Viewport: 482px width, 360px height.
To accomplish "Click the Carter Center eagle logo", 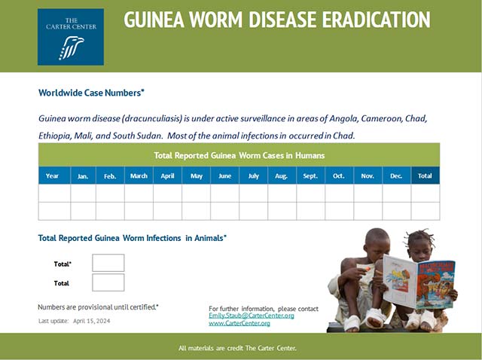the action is click(71, 37).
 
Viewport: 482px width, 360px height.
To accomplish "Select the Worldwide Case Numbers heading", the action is click(91, 93).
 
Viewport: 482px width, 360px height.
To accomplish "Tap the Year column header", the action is click(52, 175).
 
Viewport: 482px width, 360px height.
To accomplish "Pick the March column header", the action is click(139, 175).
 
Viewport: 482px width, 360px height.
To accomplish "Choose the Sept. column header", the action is click(310, 175).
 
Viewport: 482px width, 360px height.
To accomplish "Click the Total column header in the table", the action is click(425, 175).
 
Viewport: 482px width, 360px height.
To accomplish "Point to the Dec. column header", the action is click(396, 175).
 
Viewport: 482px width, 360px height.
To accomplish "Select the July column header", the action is click(253, 175).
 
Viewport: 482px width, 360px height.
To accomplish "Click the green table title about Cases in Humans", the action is click(239, 155).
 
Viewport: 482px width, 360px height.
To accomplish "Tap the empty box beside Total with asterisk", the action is click(108, 263).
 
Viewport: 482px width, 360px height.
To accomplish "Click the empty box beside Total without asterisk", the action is click(108, 282).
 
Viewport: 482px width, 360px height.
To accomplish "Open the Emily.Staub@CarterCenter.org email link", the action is click(251, 316).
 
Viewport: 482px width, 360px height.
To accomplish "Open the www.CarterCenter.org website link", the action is click(239, 323).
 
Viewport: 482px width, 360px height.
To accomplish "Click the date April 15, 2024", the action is click(91, 321).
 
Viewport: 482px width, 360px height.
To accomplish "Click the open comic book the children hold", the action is click(419, 282).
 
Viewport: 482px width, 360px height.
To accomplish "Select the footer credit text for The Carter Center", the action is click(237, 348).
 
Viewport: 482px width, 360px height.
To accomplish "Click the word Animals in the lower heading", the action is click(209, 238).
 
